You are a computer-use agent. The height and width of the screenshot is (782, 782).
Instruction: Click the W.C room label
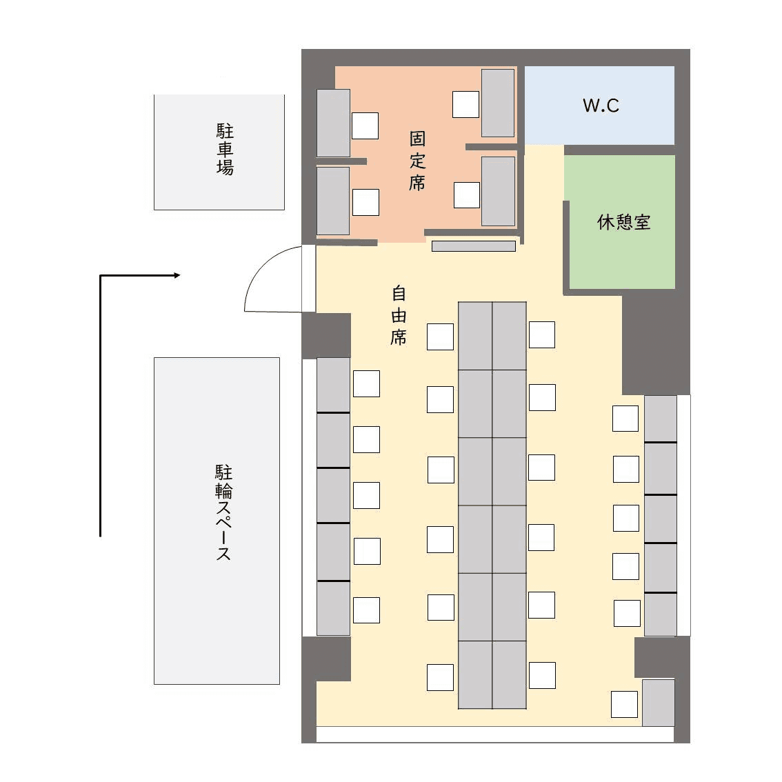[601, 106]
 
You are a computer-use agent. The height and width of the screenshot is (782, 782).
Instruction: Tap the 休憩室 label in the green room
[623, 222]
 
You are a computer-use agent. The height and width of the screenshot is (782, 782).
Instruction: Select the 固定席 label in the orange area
[417, 161]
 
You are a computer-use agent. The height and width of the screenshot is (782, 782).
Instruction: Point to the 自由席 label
[399, 314]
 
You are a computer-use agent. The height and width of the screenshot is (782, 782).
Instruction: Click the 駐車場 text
[225, 149]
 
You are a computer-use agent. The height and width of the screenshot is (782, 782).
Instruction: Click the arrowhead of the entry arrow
[177, 275]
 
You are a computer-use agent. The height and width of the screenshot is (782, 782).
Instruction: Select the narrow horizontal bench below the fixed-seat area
[473, 246]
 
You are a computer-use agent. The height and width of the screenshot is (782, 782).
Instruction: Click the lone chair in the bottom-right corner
[624, 704]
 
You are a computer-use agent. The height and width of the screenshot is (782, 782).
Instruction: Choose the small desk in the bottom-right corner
[659, 703]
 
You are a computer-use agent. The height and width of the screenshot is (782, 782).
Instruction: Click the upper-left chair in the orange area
[365, 126]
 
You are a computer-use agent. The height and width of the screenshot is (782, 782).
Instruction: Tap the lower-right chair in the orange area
[467, 194]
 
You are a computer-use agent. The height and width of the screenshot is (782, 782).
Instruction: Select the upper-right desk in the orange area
[498, 103]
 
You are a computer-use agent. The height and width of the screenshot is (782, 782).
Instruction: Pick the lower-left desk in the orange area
[333, 201]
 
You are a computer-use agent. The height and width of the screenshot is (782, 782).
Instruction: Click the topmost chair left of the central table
[441, 337]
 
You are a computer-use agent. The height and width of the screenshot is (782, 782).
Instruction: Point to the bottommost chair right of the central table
[542, 675]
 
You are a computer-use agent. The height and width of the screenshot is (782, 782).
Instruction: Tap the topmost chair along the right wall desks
[625, 419]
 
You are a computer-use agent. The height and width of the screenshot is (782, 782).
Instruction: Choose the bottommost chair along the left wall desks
[367, 610]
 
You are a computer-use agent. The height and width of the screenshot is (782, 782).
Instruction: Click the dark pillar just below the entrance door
[327, 336]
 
